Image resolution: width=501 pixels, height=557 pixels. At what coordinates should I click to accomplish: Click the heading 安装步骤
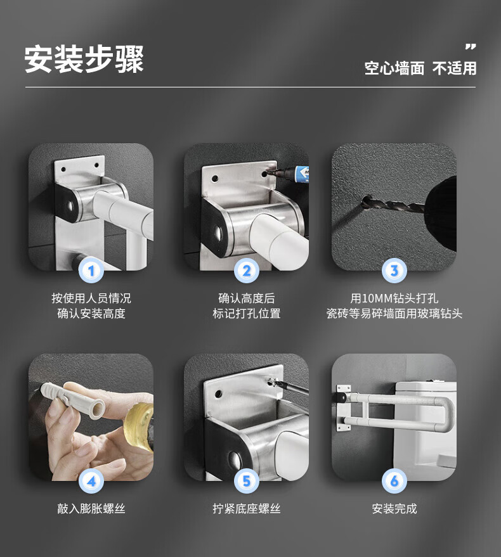(x=84, y=59)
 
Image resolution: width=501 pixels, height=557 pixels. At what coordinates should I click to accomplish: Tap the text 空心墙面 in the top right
(x=394, y=68)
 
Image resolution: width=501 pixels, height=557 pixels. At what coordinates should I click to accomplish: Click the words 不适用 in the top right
(x=455, y=68)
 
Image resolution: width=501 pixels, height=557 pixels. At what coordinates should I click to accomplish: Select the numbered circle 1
(x=91, y=271)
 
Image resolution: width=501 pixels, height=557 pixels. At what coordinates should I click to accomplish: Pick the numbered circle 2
(x=247, y=271)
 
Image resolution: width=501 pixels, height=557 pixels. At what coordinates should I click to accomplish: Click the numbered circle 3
(x=394, y=271)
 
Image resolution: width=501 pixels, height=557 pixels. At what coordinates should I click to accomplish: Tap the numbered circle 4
(x=91, y=481)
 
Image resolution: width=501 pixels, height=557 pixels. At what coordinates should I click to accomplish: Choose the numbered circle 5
(x=247, y=481)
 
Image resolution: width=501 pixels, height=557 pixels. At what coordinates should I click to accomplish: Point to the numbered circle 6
(x=394, y=481)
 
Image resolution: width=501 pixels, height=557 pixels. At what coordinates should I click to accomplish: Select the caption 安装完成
(x=394, y=509)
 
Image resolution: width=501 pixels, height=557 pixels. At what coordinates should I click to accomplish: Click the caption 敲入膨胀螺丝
(x=91, y=509)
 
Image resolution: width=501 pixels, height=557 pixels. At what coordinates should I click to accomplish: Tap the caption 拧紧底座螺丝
(x=247, y=509)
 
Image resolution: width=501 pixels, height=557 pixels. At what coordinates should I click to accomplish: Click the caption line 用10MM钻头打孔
(x=394, y=298)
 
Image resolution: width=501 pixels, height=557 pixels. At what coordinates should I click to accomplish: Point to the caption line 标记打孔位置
(x=247, y=313)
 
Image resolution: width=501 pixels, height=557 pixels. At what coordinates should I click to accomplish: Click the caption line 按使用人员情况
(x=91, y=298)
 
